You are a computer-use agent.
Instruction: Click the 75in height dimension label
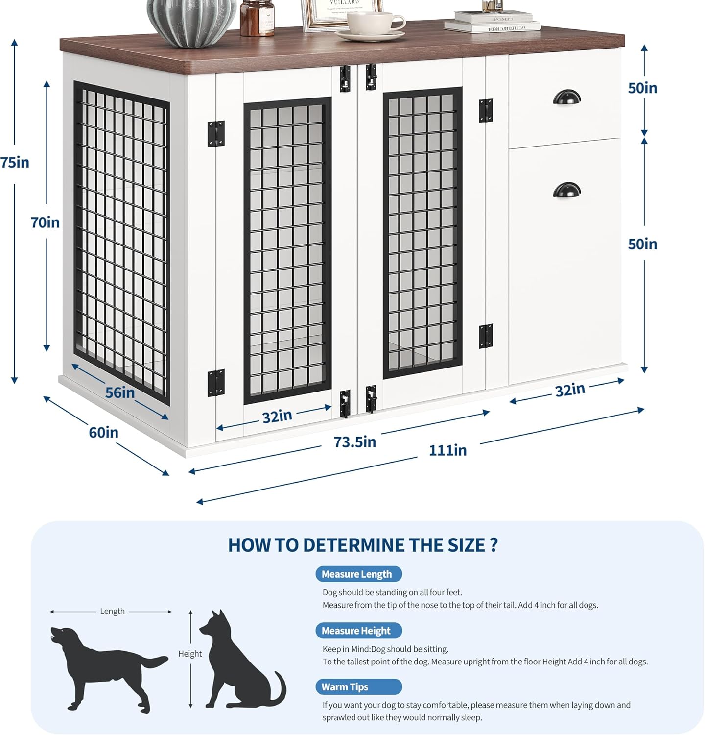coord(15,162)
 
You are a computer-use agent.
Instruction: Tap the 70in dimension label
coord(45,222)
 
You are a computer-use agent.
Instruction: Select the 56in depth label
coord(120,392)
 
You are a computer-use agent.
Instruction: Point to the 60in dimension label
coord(103,433)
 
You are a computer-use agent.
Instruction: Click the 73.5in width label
coord(355,442)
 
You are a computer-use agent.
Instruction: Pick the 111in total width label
coord(447,450)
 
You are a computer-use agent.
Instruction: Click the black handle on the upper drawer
coord(567,97)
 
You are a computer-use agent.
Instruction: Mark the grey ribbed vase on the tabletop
coord(191,22)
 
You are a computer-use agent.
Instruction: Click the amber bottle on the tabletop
coord(257,19)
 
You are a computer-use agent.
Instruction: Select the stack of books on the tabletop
coord(492,22)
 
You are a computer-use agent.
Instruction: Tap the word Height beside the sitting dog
coord(190,654)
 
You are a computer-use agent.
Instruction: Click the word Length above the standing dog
coord(112,611)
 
